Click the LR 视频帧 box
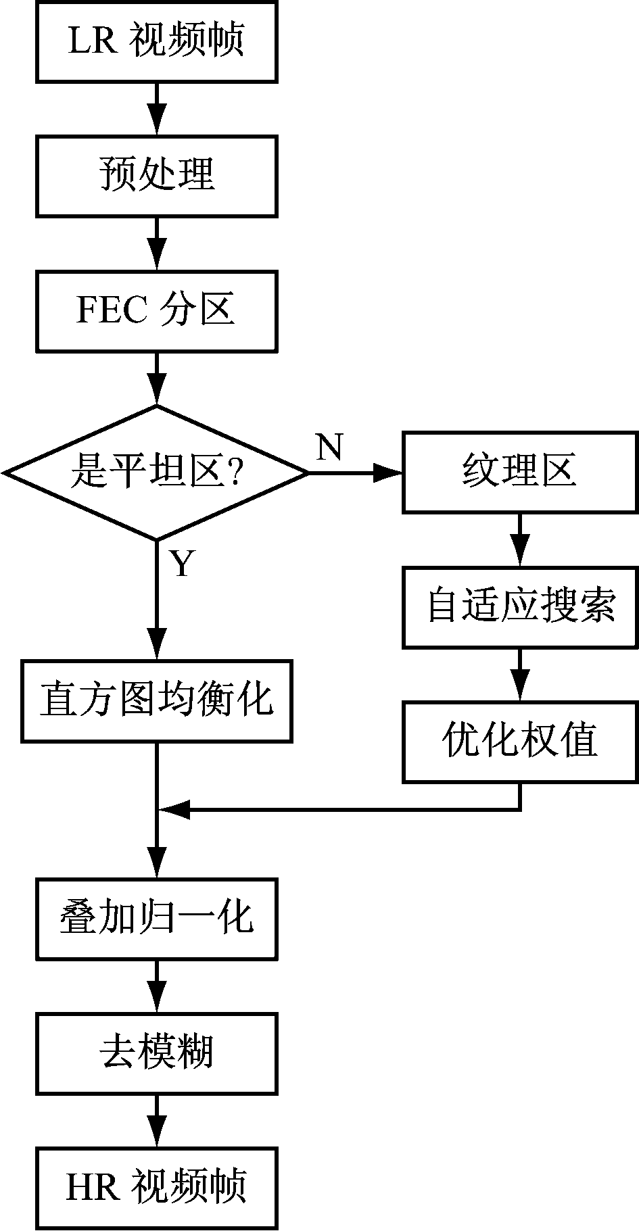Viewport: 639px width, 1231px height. point(156,41)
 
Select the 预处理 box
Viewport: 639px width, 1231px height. point(156,176)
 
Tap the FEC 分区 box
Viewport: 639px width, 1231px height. point(156,311)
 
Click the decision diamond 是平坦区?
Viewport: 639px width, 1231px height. point(156,472)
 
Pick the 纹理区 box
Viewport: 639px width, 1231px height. point(519,472)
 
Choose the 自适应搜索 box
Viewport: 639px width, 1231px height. point(519,606)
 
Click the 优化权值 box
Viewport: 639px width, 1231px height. point(519,742)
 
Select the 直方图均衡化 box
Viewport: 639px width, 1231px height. point(156,701)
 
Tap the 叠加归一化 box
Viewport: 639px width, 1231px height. point(156,918)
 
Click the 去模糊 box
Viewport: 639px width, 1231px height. point(156,1053)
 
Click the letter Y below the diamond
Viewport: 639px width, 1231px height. point(181,563)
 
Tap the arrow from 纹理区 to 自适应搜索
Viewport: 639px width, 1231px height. point(519,539)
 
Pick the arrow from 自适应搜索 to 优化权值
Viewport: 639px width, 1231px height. point(519,675)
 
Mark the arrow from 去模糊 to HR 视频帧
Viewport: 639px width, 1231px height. point(156,1120)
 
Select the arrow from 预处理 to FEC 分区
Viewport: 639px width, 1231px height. point(156,244)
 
